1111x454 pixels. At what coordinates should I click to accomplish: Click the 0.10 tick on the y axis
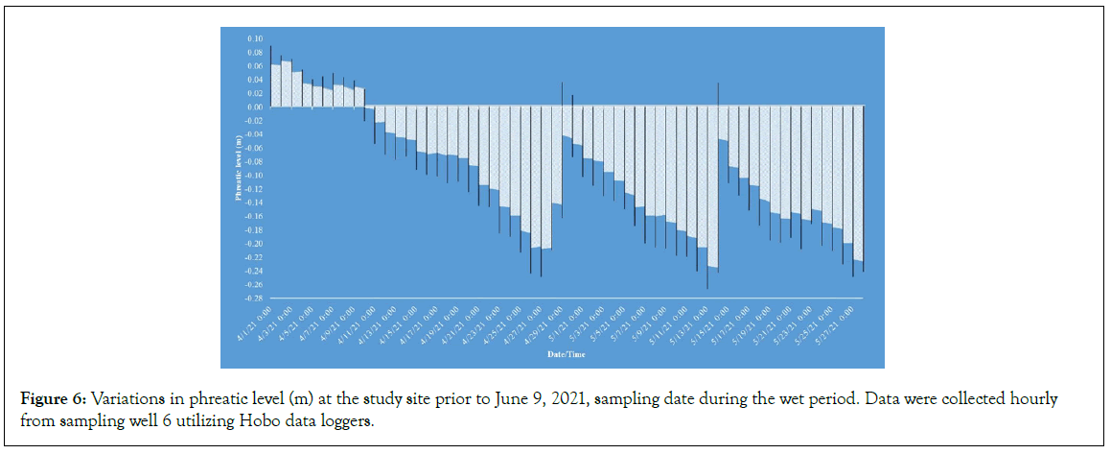255,38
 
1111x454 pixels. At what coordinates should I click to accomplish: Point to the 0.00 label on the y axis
255,108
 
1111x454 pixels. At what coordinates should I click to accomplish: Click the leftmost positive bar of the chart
276,85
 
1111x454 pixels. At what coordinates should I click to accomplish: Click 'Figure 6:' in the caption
50,399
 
